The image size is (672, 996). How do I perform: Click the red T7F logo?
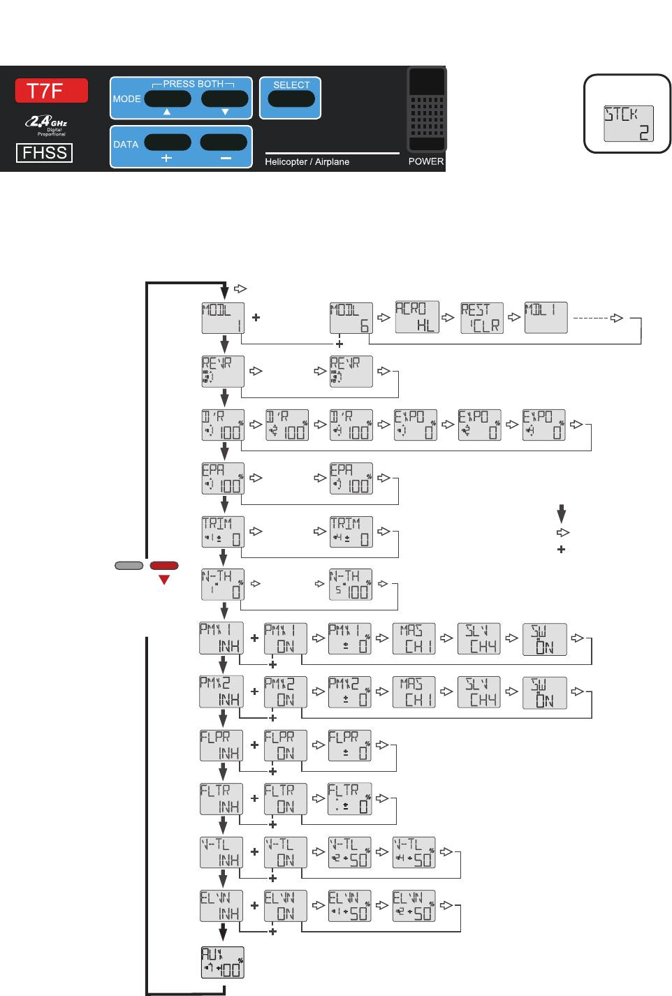pos(51,91)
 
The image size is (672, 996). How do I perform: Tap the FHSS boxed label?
pos(44,153)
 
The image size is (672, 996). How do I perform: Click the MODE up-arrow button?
pos(168,99)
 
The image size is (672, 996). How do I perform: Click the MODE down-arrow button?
pos(224,99)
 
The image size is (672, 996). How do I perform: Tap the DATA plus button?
pos(168,142)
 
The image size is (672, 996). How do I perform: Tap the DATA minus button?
pos(224,142)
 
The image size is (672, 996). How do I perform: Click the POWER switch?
pos(427,109)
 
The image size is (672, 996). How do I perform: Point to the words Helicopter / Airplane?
pos(307,162)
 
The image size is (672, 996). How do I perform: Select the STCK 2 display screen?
pos(628,124)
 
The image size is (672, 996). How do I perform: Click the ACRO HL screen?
pos(417,317)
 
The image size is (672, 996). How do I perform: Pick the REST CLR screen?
pos(482,318)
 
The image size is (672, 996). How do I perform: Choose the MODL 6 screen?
pos(351,318)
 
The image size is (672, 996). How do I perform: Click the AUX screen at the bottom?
pos(223,962)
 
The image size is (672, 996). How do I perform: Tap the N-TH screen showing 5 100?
pos(351,585)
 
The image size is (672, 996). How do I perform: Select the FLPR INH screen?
pos(221,746)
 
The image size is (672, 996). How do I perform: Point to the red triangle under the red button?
pos(164,580)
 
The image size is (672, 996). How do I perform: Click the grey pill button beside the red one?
pos(129,566)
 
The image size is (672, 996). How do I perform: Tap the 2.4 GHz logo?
pos(46,124)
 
